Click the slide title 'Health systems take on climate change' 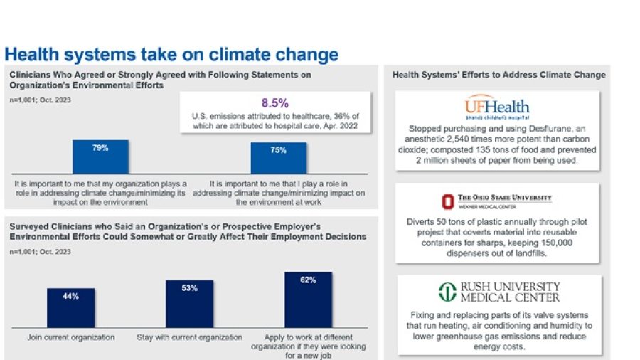coord(171,55)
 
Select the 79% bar coord(100,157)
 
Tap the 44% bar coord(70,307)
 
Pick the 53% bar coord(189,303)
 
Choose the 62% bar coord(308,300)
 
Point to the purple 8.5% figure coord(275,102)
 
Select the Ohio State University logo coord(497,200)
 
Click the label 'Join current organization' coord(71,337)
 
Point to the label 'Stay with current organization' coord(189,337)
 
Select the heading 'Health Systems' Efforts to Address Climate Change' coord(498,75)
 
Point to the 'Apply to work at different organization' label coord(308,342)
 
